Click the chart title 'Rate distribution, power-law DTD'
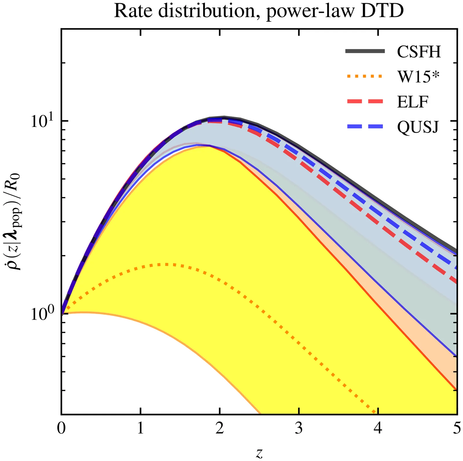pos(259,12)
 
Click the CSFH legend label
pos(419,52)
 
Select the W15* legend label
pos(418,77)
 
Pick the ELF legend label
pos(412,102)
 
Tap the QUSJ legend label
pos(418,127)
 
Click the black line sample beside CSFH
pos(365,51)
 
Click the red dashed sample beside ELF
pos(365,101)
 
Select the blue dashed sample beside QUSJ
pos(365,126)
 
